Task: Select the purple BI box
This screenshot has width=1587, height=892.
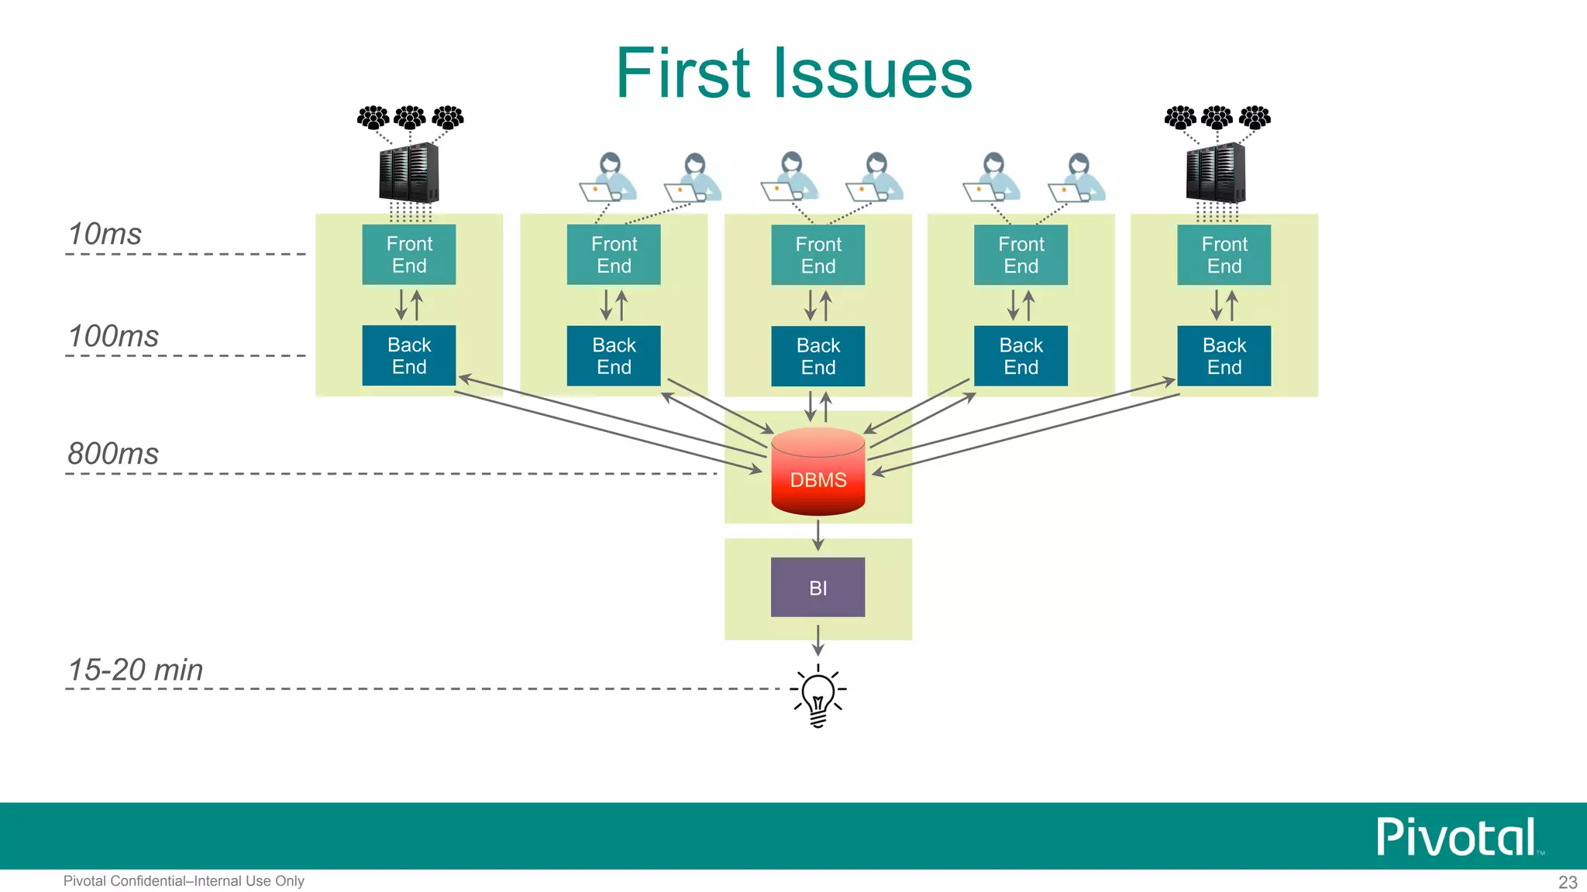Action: (818, 587)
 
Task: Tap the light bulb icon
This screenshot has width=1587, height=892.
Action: (818, 695)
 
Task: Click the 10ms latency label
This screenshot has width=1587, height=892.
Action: (105, 234)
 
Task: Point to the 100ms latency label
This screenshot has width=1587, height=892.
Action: (113, 336)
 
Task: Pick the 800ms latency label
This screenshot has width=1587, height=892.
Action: (113, 454)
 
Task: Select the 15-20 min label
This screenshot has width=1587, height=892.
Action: (136, 670)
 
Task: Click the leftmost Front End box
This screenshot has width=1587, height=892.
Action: (409, 255)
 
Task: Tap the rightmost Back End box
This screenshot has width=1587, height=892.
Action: (1224, 355)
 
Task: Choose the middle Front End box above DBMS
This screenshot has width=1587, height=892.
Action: (818, 255)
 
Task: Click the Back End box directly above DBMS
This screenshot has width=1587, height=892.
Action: (818, 355)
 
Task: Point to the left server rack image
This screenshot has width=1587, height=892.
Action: (408, 173)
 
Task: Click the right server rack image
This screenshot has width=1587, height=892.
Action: (1216, 173)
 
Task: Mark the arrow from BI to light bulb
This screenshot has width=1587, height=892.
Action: (818, 640)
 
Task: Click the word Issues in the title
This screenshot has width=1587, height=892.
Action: (873, 74)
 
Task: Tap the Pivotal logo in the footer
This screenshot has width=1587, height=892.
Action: (1457, 836)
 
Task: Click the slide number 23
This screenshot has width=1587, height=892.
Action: (1568, 882)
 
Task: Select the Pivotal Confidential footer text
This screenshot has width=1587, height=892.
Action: (184, 881)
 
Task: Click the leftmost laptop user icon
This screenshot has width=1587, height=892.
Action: (608, 177)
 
